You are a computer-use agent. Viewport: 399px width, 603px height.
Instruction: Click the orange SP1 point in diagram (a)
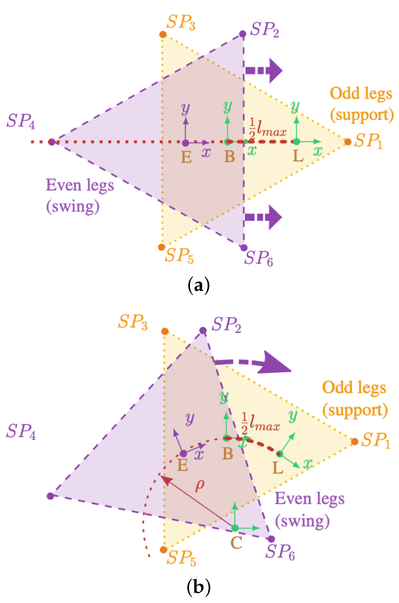(x=348, y=142)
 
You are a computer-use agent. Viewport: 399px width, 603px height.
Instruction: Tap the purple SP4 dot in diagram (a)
(x=52, y=142)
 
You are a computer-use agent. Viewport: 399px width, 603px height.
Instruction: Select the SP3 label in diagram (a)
(x=181, y=22)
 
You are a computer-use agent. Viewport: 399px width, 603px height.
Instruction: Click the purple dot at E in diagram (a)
(x=186, y=143)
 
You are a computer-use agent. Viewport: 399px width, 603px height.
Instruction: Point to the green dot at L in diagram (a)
(x=297, y=142)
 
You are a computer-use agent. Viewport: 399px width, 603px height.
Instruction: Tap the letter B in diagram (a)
(x=229, y=157)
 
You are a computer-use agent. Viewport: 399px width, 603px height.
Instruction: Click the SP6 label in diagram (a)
(x=259, y=258)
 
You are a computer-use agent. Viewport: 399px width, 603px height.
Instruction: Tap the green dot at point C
(x=235, y=528)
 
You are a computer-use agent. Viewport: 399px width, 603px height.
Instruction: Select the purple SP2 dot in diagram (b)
(x=203, y=331)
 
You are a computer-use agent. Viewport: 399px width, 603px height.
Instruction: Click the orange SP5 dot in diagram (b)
(x=164, y=549)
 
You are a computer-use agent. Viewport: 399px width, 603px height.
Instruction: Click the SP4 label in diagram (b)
(x=21, y=431)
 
